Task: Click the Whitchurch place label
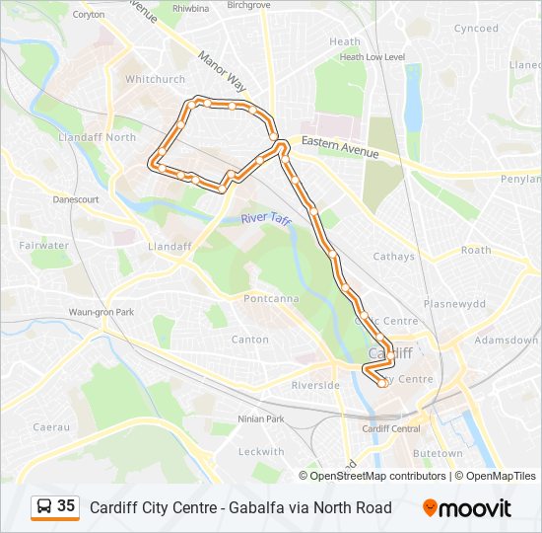[x=155, y=79]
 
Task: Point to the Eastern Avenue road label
[x=340, y=147]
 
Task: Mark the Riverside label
[x=315, y=385]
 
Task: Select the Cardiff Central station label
[x=391, y=428]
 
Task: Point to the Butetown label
[x=438, y=453]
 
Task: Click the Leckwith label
[x=261, y=451]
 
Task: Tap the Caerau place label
[x=51, y=426]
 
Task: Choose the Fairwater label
[x=43, y=245]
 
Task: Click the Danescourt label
[x=76, y=199]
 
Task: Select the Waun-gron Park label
[x=101, y=312]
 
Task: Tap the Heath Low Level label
[x=372, y=57]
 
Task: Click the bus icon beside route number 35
[x=44, y=507]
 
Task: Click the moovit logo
[x=467, y=508]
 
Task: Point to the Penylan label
[x=521, y=180]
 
